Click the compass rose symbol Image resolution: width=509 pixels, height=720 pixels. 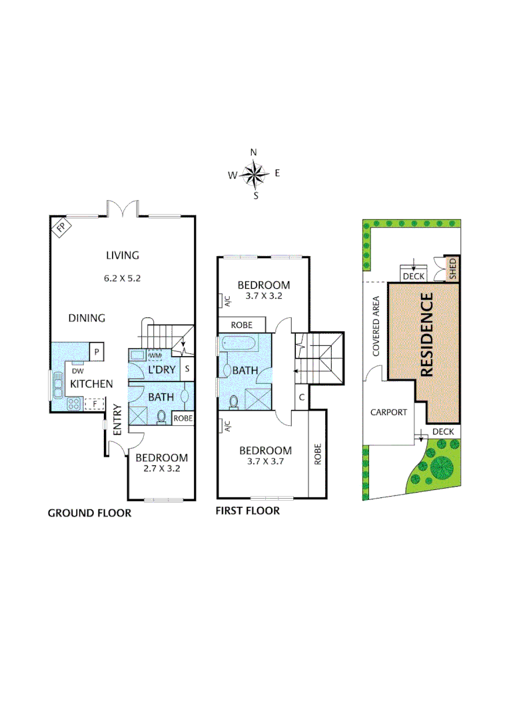[x=254, y=175]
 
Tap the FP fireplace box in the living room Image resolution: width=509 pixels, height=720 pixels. [x=61, y=228]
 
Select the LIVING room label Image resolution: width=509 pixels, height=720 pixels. [x=122, y=255]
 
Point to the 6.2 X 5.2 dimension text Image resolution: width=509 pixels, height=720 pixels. [x=123, y=278]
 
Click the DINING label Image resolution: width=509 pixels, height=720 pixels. [x=87, y=318]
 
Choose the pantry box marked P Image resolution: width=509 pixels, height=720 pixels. [x=96, y=351]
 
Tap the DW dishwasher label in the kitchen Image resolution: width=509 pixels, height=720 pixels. [x=77, y=371]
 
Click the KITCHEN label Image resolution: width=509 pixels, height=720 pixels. [x=91, y=383]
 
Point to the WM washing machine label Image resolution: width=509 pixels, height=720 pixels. [x=155, y=355]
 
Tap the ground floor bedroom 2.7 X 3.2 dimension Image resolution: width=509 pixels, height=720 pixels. [x=162, y=469]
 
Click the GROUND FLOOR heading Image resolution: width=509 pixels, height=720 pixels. [x=89, y=513]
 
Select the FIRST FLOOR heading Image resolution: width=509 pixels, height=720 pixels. [x=247, y=511]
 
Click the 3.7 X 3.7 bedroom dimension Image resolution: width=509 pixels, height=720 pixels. [x=265, y=461]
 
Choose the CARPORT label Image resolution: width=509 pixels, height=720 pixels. [x=388, y=412]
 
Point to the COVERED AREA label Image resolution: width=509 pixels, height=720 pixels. [x=376, y=326]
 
